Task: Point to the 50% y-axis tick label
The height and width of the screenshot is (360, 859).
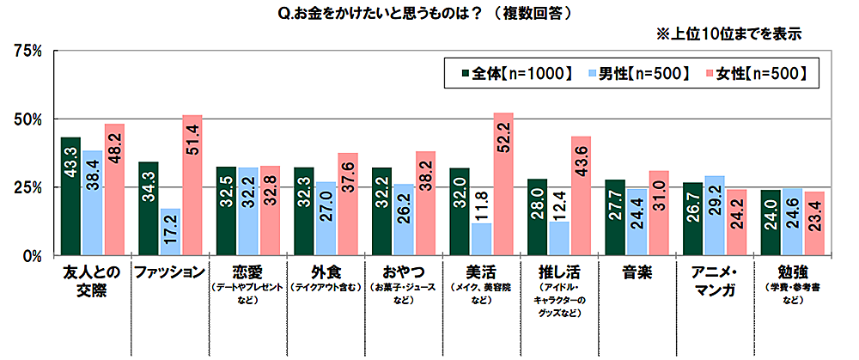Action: (x=27, y=119)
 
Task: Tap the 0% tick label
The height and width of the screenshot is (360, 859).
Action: (x=31, y=255)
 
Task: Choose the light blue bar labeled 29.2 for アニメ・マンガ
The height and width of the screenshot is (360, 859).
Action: (x=714, y=215)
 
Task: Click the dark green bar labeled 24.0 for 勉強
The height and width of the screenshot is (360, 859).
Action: (x=770, y=223)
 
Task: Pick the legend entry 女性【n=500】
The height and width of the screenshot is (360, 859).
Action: (x=755, y=73)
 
